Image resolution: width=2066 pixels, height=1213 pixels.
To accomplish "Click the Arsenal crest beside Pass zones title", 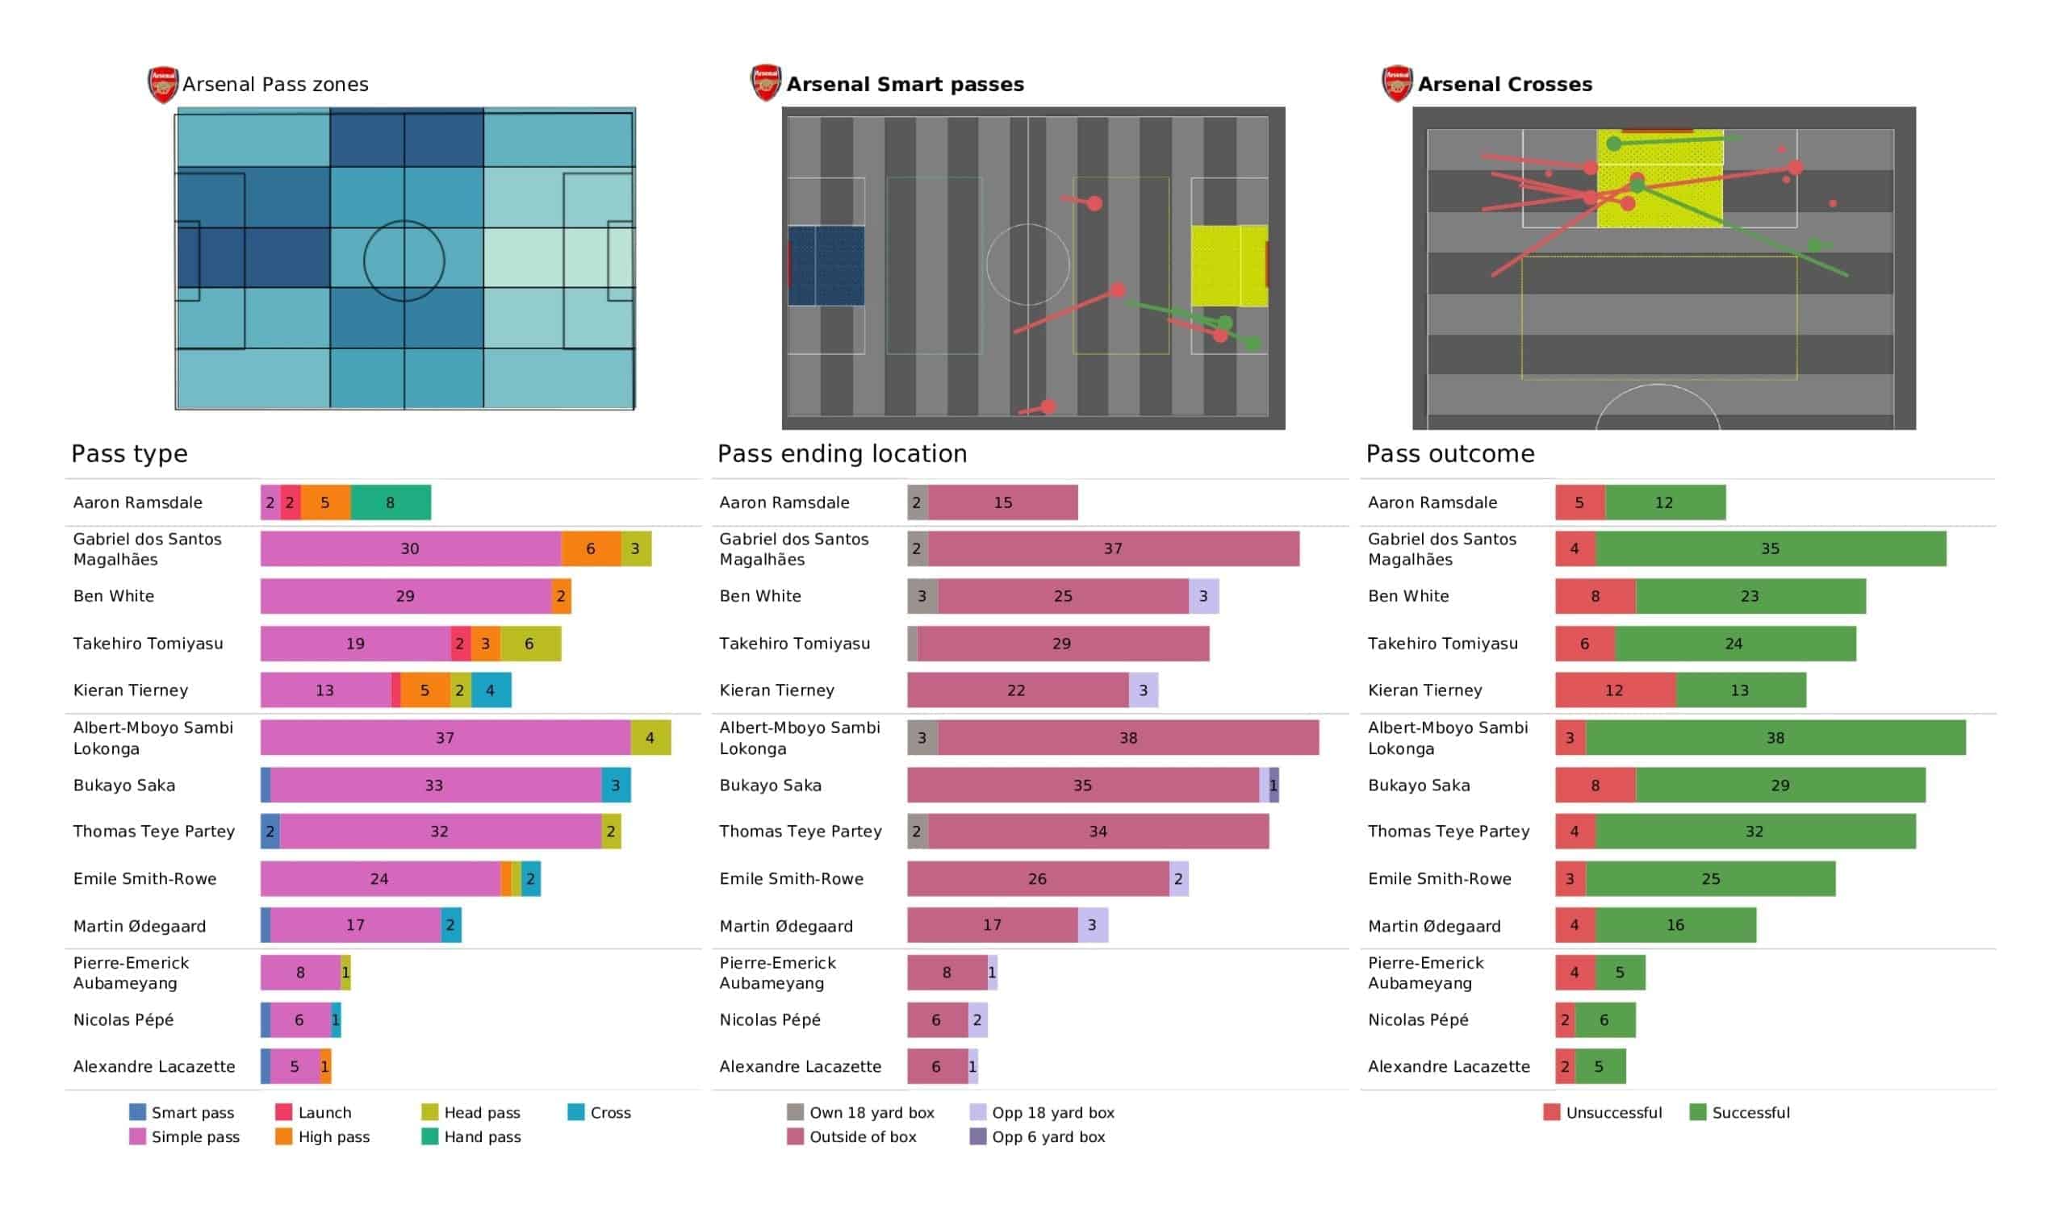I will click(x=162, y=85).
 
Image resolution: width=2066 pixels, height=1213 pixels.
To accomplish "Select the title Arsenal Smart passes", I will click(x=905, y=85).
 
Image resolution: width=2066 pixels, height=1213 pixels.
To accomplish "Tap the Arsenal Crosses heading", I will click(x=1504, y=85).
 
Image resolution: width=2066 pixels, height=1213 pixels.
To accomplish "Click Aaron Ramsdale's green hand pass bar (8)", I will click(x=391, y=502).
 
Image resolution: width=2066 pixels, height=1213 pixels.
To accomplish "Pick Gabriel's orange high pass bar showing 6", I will click(x=590, y=549).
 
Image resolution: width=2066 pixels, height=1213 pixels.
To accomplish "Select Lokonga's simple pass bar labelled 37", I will click(x=445, y=738).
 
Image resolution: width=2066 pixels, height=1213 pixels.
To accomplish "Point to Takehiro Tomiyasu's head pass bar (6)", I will click(x=530, y=644).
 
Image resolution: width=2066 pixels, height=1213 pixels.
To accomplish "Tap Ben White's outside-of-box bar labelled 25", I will click(x=1064, y=596).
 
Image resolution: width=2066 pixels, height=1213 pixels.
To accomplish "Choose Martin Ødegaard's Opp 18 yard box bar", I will click(x=1093, y=925).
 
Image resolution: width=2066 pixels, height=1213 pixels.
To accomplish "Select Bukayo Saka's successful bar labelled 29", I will click(x=1780, y=786).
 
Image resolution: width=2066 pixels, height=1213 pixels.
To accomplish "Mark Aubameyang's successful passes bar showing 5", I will click(x=1620, y=973).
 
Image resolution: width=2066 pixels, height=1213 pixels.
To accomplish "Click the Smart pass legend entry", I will click(x=182, y=1113).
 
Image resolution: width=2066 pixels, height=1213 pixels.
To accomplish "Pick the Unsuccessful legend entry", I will click(x=1603, y=1113).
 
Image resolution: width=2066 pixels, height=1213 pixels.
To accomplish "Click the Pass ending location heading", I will click(x=842, y=454).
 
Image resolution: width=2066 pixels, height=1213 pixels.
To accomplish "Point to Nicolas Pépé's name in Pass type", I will click(x=123, y=1020).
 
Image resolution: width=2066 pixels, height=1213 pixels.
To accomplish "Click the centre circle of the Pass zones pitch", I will click(x=404, y=261).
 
